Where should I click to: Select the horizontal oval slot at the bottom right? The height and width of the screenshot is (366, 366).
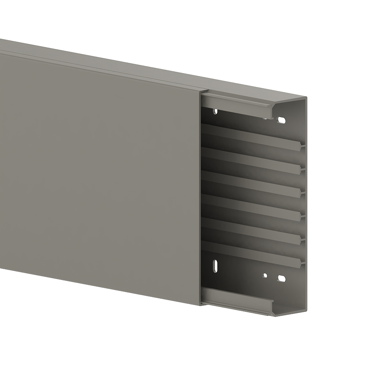coord(281,279)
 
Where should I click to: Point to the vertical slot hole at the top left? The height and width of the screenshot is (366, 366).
coord(216,111)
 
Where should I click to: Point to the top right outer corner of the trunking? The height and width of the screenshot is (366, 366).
coord(306,97)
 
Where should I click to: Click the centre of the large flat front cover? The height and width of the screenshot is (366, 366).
coord(99,172)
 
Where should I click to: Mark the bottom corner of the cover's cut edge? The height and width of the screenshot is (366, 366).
coord(201,305)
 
